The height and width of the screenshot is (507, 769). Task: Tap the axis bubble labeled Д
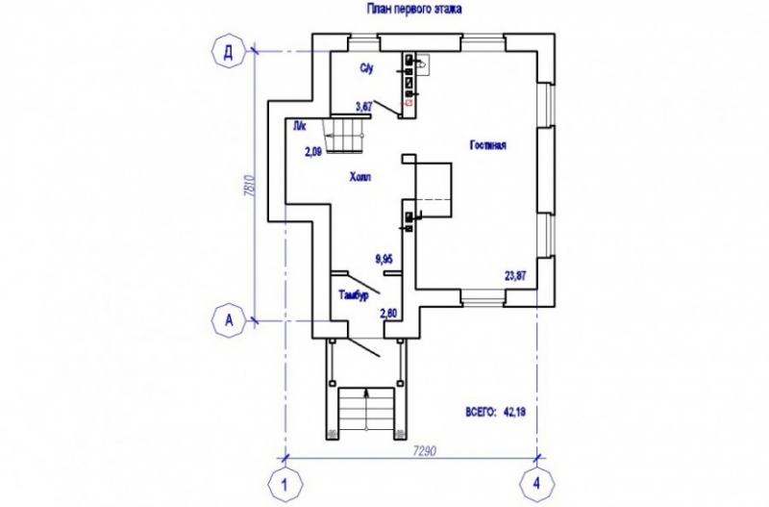pyautogui.click(x=228, y=52)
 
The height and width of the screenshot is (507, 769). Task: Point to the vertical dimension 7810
pyautogui.click(x=248, y=186)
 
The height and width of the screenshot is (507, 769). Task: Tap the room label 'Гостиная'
pyautogui.click(x=487, y=145)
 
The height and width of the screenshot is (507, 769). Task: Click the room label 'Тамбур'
pyautogui.click(x=354, y=295)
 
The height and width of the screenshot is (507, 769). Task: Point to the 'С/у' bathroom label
pyautogui.click(x=366, y=68)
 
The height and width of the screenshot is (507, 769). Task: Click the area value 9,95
pyautogui.click(x=384, y=257)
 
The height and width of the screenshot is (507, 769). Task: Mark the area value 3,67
pyautogui.click(x=363, y=106)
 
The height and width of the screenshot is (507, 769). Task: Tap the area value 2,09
pyautogui.click(x=313, y=151)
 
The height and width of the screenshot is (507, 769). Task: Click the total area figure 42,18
pyautogui.click(x=517, y=412)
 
